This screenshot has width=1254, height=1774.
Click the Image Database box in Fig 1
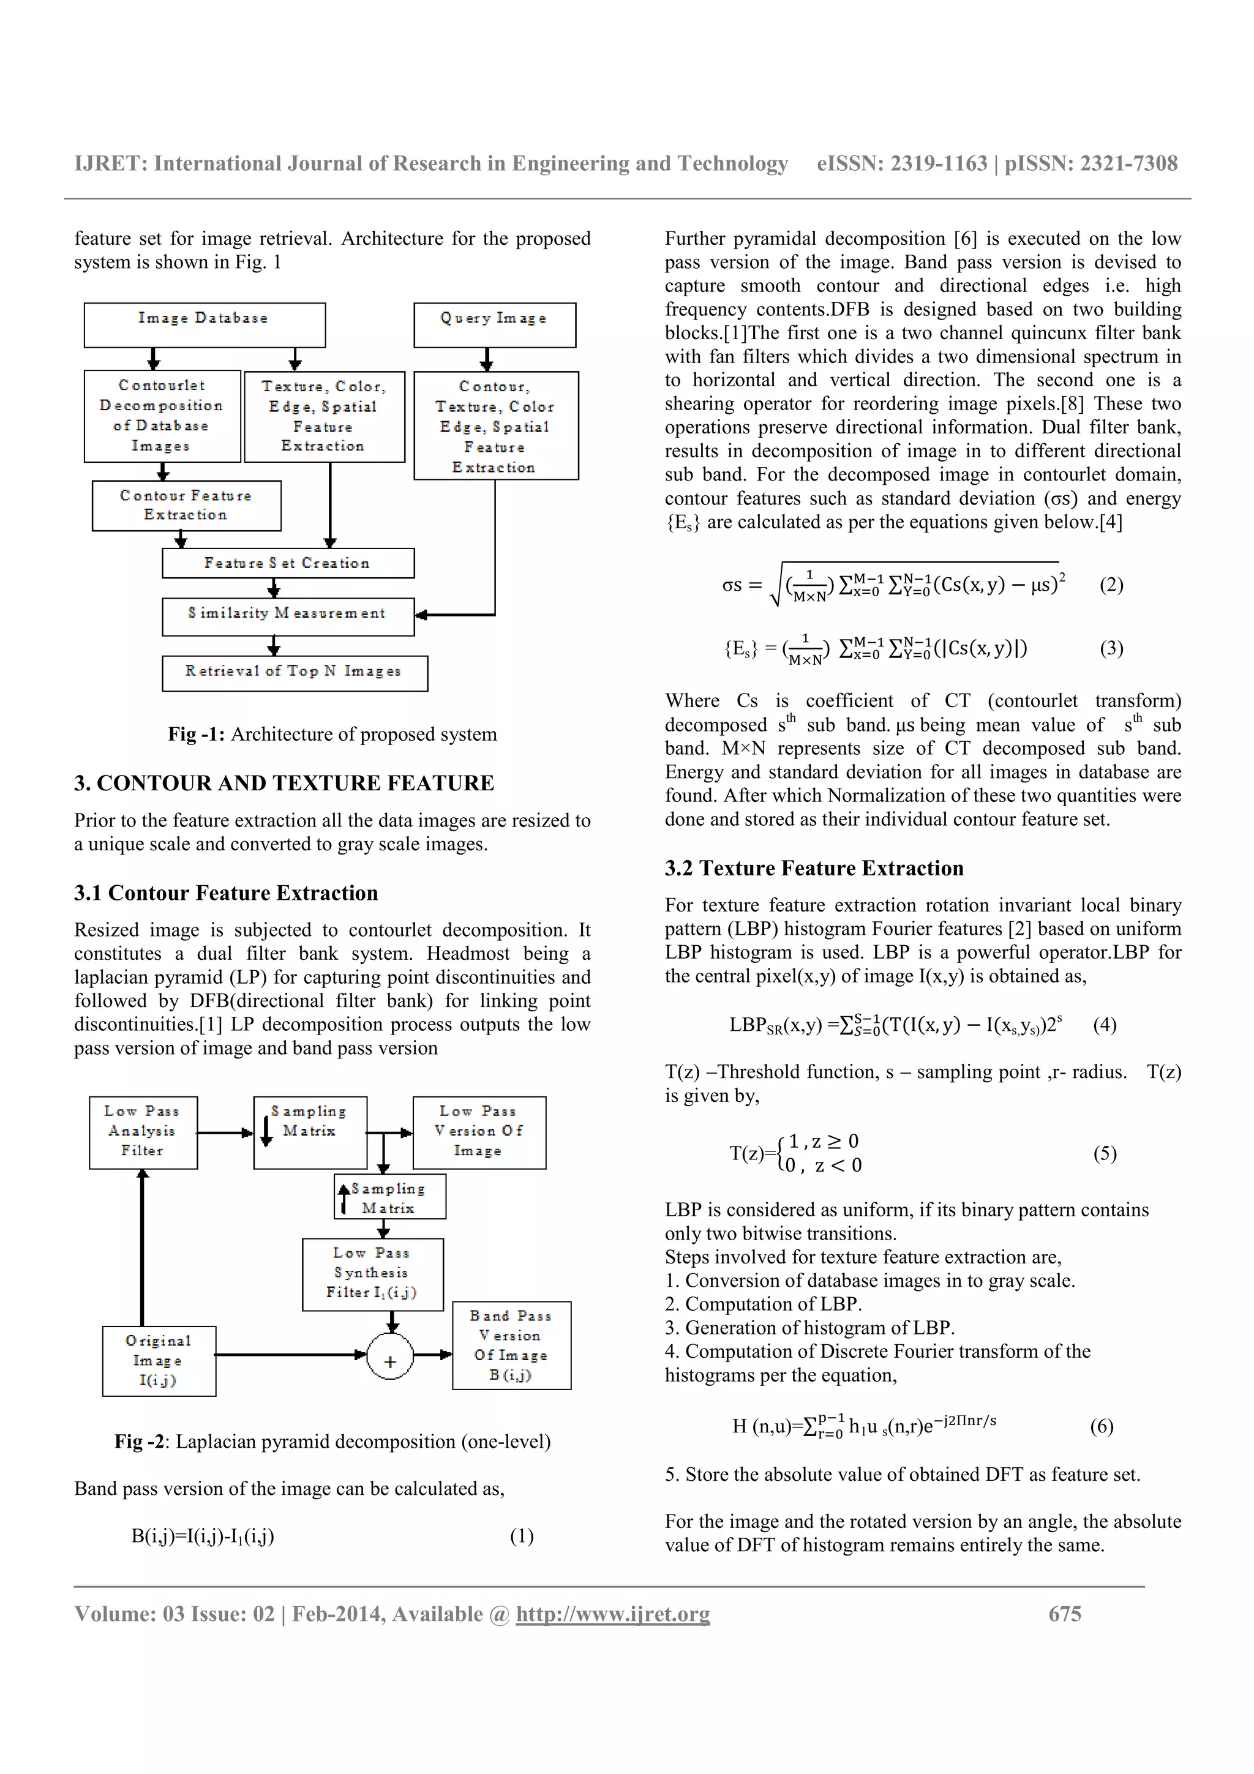[x=204, y=324]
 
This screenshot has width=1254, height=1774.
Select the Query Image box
[x=495, y=324]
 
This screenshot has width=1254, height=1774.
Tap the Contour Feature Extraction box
[x=186, y=505]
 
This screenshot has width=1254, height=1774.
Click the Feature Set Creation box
[x=287, y=563]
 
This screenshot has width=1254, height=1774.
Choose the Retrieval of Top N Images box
[x=295, y=672]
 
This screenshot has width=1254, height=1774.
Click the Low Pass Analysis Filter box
[x=143, y=1132]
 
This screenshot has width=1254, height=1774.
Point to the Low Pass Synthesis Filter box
[x=372, y=1274]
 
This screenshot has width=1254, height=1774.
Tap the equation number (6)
[x=1101, y=1426]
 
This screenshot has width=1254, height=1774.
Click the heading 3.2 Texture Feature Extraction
[x=814, y=869]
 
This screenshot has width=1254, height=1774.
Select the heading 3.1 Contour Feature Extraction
[x=225, y=893]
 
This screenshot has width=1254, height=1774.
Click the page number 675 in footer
[x=1064, y=1614]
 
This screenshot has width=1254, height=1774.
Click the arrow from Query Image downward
[x=487, y=359]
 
